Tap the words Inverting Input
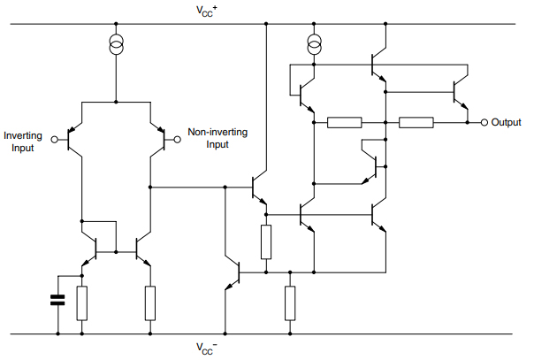point(19,142)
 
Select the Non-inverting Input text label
point(217,138)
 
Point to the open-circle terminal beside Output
point(484,122)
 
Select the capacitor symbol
point(57,300)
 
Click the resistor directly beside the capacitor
point(82,303)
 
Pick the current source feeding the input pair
point(116,44)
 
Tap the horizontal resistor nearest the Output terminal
point(416,122)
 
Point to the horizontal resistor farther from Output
point(344,122)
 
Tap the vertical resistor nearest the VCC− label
point(289,303)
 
